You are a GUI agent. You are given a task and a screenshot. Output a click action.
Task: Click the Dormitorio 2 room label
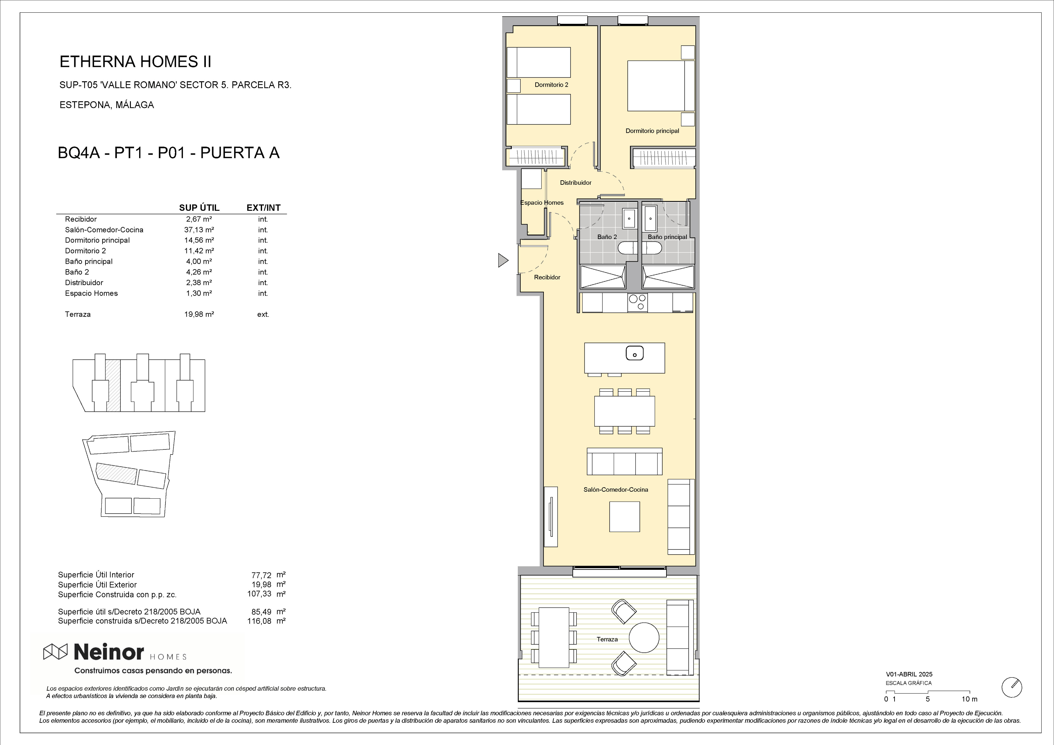pyautogui.click(x=551, y=85)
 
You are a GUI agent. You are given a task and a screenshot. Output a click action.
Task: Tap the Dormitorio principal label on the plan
pyautogui.click(x=652, y=131)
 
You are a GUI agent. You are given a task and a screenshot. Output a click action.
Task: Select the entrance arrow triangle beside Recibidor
pyautogui.click(x=503, y=261)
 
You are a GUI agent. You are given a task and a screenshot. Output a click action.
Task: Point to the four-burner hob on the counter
pyautogui.click(x=637, y=303)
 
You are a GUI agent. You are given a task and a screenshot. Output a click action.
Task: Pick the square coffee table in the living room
pyautogui.click(x=624, y=516)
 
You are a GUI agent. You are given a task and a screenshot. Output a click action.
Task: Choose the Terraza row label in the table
pyautogui.click(x=78, y=314)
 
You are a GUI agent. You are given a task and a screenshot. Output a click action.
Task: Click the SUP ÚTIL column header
pyautogui.click(x=199, y=208)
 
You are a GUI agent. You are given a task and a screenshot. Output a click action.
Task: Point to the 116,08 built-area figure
pyautogui.click(x=259, y=621)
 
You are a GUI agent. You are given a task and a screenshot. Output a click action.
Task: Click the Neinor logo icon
pyautogui.click(x=55, y=651)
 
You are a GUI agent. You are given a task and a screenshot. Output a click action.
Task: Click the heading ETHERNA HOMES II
pyautogui.click(x=135, y=62)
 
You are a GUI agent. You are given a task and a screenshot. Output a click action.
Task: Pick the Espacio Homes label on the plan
pyautogui.click(x=542, y=203)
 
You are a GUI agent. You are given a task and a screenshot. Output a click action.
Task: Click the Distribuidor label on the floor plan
pyautogui.click(x=576, y=183)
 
